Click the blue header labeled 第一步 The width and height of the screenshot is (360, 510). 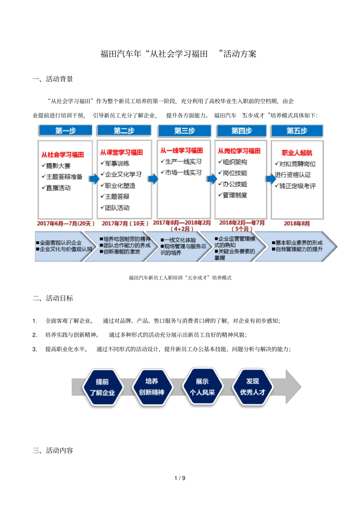[66, 131]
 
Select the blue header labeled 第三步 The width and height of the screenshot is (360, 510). [185, 131]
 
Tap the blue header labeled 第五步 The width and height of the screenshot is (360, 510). [297, 131]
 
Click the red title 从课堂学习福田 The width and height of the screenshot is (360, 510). [121, 152]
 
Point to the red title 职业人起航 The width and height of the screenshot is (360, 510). [297, 153]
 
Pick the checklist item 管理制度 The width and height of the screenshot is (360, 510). [234, 195]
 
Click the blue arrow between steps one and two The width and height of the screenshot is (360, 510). [94, 178]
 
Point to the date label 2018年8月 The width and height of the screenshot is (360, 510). [297, 223]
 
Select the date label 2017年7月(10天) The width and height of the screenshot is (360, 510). [125, 223]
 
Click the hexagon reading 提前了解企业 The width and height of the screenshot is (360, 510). [102, 387]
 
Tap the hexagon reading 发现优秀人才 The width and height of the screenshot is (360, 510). [252, 387]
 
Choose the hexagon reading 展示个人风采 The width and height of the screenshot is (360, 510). [202, 387]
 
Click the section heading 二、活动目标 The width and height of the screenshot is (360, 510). [53, 298]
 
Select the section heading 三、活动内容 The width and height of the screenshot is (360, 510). [53, 450]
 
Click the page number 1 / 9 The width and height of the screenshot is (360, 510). [180, 478]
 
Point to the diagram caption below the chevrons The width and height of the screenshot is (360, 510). [180, 278]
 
